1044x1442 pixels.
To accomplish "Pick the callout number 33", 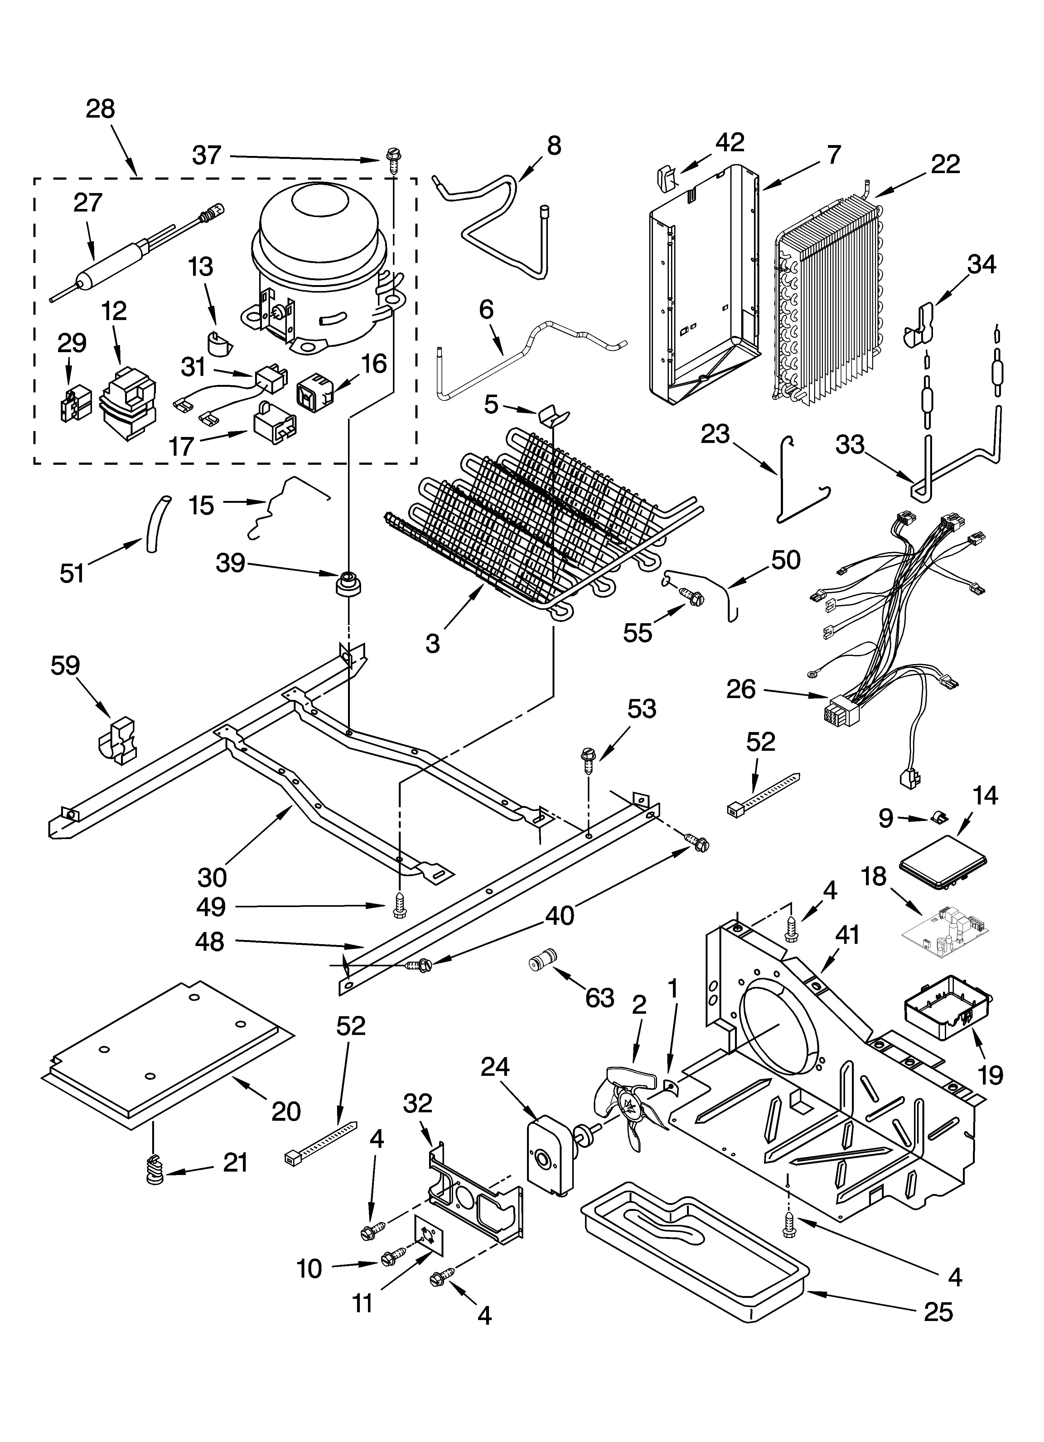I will (850, 445).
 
